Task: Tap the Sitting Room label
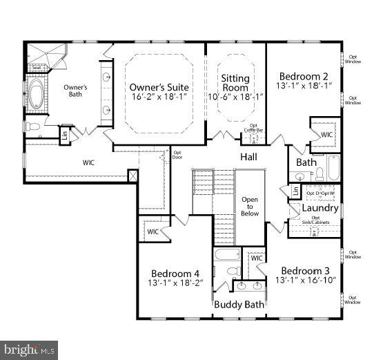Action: [235, 79]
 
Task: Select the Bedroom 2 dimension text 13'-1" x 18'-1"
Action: [304, 86]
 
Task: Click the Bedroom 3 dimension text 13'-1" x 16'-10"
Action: [305, 281]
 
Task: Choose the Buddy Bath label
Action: [238, 304]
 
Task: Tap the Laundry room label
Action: [320, 208]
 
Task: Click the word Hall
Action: [248, 157]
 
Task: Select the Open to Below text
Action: [250, 207]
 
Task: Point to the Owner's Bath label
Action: [75, 91]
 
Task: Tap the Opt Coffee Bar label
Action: [255, 128]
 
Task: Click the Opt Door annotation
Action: [177, 154]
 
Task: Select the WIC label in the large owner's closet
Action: [88, 162]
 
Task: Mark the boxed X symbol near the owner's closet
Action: [132, 176]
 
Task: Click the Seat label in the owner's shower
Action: [37, 67]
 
